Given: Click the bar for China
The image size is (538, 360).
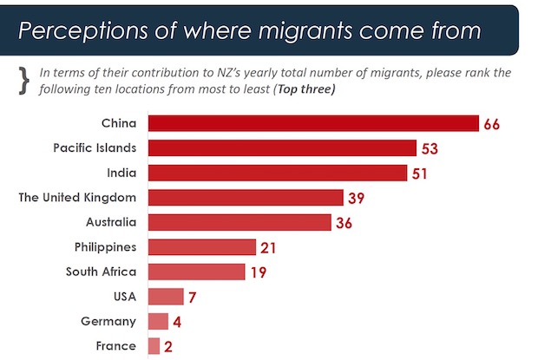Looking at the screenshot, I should coord(313,123).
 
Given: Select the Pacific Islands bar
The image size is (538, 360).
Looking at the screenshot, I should coord(281,147).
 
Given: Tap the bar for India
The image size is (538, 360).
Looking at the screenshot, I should coord(277,173).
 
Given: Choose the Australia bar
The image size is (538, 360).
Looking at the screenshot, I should coord(239,222).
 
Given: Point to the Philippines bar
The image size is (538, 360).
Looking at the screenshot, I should coord(202,247).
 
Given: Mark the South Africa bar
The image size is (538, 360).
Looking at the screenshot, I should coord(197,272).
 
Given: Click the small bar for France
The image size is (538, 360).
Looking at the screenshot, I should coord(154,346).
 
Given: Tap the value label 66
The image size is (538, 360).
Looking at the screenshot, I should coord(493,124).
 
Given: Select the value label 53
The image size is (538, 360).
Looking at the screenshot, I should coord(430,148).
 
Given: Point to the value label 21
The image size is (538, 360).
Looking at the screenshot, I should coord(268,248).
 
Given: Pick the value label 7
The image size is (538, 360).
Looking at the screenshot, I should coord(193,298).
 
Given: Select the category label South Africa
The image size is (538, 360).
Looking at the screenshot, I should coord(101,272).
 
